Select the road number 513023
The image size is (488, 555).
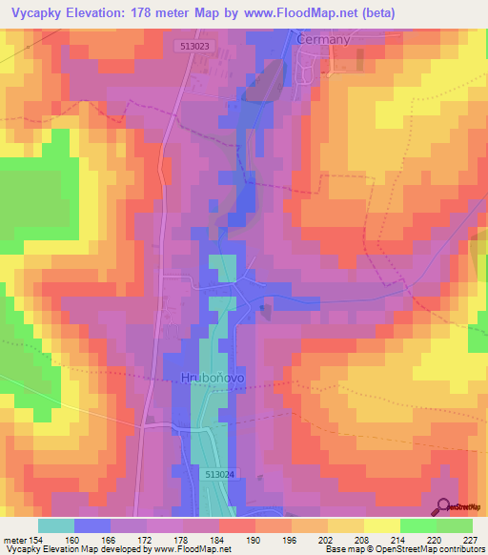(194, 44)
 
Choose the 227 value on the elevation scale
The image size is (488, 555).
(469, 539)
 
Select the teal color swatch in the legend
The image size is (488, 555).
(56, 525)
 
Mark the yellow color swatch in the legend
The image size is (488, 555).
(381, 525)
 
